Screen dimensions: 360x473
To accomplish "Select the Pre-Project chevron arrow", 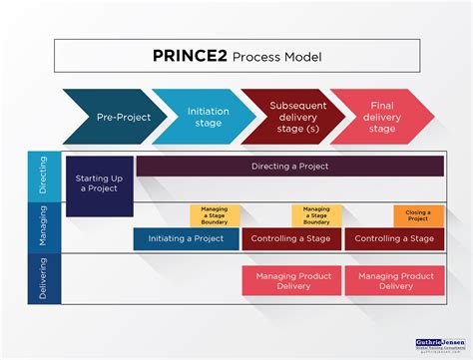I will [110, 117].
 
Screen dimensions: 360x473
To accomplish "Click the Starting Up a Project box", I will [99, 184].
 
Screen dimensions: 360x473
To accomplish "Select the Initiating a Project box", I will [187, 239].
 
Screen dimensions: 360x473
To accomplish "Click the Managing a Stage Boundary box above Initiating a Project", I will [216, 215].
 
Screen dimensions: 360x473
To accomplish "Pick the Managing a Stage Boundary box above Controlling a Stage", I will [316, 215].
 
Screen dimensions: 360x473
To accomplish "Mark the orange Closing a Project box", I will [418, 215].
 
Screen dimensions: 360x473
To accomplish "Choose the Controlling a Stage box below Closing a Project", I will [395, 239].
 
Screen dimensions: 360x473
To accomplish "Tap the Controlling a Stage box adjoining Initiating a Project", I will [292, 239].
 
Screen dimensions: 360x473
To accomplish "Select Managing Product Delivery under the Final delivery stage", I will [395, 280].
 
